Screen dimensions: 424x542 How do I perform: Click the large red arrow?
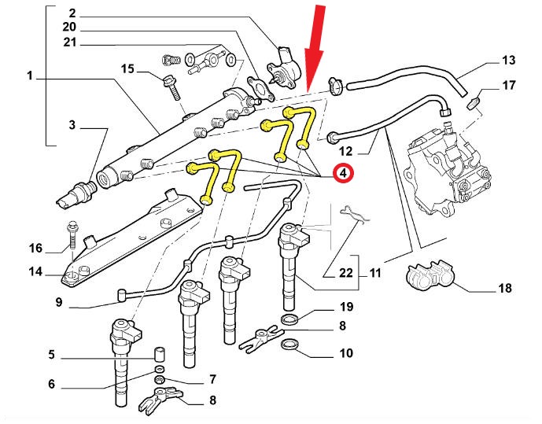(316, 47)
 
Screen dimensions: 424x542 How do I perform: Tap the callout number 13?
(508, 60)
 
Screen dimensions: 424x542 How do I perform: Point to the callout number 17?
(508, 85)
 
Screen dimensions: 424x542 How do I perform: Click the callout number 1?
(30, 77)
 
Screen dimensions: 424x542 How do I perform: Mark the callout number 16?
(36, 249)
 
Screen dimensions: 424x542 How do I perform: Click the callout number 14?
(36, 273)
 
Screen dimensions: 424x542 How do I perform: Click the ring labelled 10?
(290, 345)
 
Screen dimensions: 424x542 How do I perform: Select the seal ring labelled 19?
(290, 319)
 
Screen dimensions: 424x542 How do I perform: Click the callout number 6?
(52, 385)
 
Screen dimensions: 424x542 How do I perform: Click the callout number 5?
(52, 356)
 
